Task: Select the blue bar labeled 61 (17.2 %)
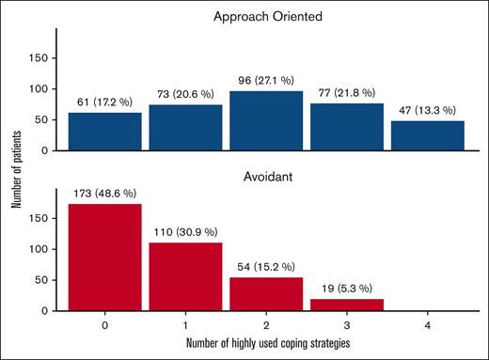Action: [104, 132]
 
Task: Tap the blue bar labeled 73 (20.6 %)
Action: [185, 128]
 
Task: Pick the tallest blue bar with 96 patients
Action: [266, 120]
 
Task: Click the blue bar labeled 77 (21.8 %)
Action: [347, 127]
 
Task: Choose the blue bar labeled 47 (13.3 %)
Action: [428, 135]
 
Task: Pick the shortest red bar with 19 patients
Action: [347, 305]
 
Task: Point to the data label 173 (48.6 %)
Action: [104, 195]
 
